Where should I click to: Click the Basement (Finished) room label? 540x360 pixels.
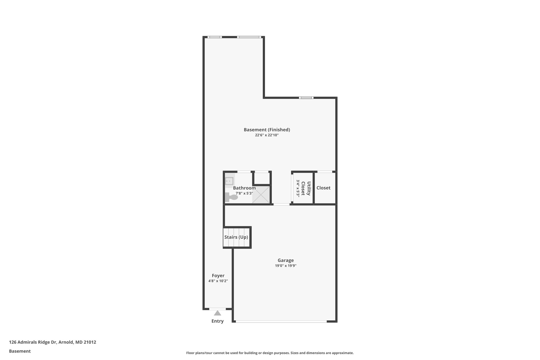pos(267,130)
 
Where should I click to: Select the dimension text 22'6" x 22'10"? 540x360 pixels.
pos(267,135)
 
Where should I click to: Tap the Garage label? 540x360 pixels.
pos(286,260)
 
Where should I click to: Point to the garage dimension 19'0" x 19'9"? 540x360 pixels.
pos(286,266)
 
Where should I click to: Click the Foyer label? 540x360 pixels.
pos(218,276)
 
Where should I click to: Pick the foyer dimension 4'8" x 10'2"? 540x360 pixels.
pos(218,281)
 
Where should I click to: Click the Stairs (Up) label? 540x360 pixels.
pos(236,237)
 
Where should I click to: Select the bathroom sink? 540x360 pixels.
pos(229,181)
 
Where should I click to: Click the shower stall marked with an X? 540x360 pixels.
pos(261,195)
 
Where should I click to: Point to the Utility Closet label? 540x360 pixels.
pos(306,188)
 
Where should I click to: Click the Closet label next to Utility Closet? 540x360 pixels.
pos(323,188)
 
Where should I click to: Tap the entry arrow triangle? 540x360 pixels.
pos(218,313)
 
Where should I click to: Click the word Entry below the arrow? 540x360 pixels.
pos(218,321)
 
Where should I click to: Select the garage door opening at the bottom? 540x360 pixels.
pos(281,321)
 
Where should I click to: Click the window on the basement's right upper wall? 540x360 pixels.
pos(306,98)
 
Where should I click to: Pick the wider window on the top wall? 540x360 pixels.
pos(249,37)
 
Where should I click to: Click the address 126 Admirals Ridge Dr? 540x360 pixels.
pos(52,342)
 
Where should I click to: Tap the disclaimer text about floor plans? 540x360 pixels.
pos(270,353)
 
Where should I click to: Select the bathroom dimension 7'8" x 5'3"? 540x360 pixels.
pos(244,193)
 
